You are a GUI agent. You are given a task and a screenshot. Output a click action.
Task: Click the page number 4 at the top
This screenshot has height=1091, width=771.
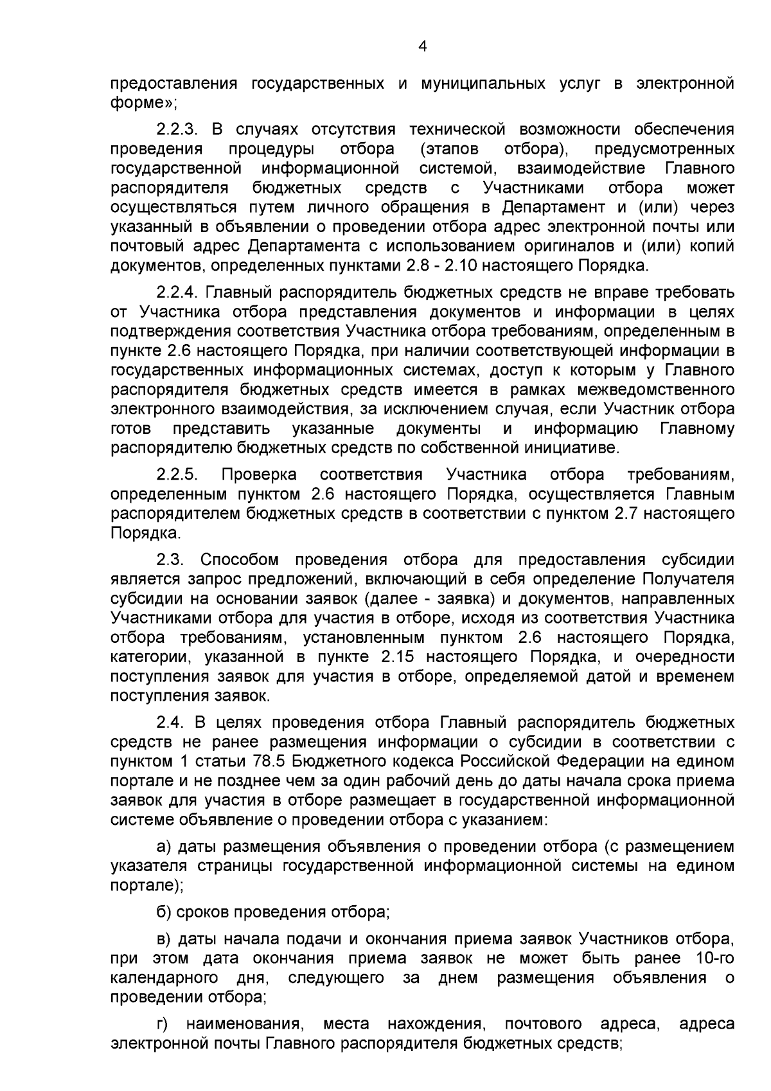point(422,46)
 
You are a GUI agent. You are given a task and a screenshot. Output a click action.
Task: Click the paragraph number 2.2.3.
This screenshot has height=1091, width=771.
point(176,130)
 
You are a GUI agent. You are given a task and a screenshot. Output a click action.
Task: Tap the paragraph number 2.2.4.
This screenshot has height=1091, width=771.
point(176,293)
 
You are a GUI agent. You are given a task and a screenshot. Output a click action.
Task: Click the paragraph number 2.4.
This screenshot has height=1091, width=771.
point(169,723)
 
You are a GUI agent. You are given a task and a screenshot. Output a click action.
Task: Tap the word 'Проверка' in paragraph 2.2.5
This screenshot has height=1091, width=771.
point(259,474)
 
